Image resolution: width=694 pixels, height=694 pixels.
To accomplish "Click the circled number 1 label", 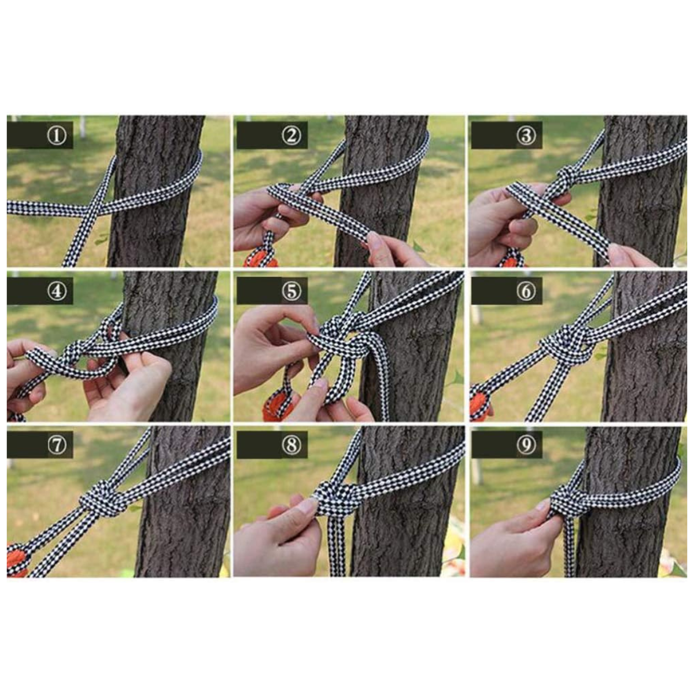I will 57,136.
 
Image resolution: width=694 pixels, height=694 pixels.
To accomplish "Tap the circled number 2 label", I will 291,136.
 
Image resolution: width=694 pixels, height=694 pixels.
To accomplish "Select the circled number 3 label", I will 526,136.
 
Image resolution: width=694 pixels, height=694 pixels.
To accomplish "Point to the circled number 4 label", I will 57,291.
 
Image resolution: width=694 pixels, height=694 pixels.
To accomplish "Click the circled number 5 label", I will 291,291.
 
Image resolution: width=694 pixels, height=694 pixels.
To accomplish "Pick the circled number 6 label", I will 526,291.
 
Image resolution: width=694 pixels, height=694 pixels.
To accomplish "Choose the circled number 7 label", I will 57,445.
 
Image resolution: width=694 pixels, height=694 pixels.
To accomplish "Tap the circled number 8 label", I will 291,445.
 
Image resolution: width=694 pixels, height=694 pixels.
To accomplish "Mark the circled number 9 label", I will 526,445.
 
